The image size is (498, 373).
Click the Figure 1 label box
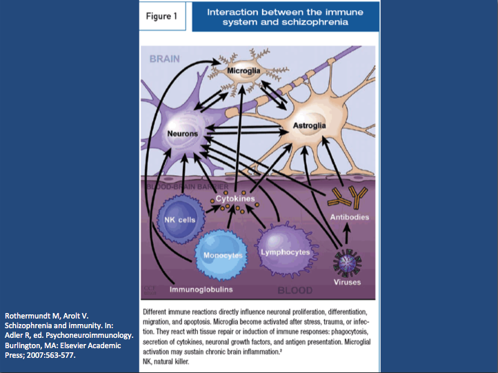(163, 17)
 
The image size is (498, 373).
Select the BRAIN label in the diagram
(166, 59)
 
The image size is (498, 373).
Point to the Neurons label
(182, 134)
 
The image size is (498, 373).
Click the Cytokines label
(235, 199)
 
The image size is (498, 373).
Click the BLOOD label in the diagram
(295, 290)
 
